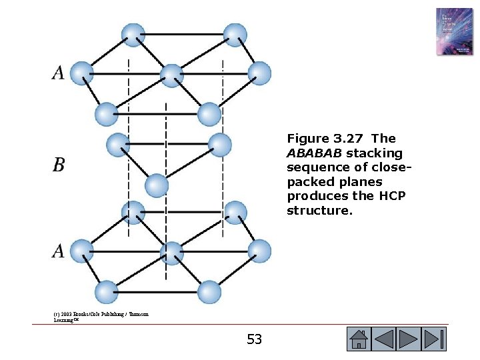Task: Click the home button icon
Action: pyautogui.click(x=359, y=339)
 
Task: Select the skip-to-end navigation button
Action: pyautogui.click(x=435, y=339)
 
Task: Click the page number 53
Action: pyautogui.click(x=254, y=340)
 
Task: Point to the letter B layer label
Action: pyautogui.click(x=59, y=165)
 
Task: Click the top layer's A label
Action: pyautogui.click(x=59, y=73)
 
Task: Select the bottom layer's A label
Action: pyautogui.click(x=59, y=251)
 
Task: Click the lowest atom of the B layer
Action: pyautogui.click(x=156, y=185)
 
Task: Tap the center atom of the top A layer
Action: pyautogui.click(x=172, y=75)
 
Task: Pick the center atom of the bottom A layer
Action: pyautogui.click(x=172, y=253)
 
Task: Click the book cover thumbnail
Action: pyautogui.click(x=454, y=31)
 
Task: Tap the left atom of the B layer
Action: pyautogui.click(x=118, y=145)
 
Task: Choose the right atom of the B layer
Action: pyautogui.click(x=219, y=145)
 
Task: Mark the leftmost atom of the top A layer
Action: pyautogui.click(x=81, y=73)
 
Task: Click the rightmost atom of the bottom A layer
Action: pyautogui.click(x=259, y=251)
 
